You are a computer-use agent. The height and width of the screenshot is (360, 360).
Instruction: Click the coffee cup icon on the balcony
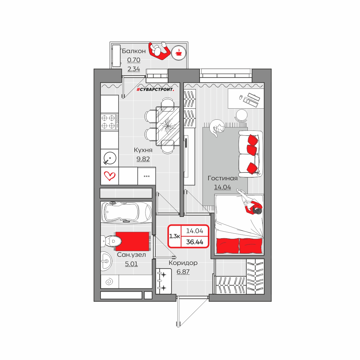point(178,53)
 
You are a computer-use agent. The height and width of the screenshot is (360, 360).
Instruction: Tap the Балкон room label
point(133,51)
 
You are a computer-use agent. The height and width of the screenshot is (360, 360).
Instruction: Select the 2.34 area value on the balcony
point(133,69)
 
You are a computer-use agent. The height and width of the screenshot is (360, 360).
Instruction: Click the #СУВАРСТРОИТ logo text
point(155,90)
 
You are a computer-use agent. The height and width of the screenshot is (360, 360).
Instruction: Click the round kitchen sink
point(110,158)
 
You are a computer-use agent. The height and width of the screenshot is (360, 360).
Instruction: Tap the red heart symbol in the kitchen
point(110,176)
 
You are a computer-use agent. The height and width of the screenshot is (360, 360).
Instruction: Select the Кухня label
point(143,150)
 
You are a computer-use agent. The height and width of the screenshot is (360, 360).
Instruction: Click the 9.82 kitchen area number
point(143,159)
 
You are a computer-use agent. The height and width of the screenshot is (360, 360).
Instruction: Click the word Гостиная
point(223,178)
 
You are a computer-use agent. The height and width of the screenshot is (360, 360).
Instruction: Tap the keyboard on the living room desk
point(251,100)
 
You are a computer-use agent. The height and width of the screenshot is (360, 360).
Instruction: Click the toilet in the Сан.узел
point(111,241)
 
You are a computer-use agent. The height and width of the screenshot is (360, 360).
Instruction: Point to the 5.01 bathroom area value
point(131,264)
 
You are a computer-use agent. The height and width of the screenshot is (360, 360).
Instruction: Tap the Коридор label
point(183,263)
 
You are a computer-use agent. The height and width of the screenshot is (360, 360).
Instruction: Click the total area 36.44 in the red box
point(195,242)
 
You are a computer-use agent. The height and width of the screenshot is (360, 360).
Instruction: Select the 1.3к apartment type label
point(175,236)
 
